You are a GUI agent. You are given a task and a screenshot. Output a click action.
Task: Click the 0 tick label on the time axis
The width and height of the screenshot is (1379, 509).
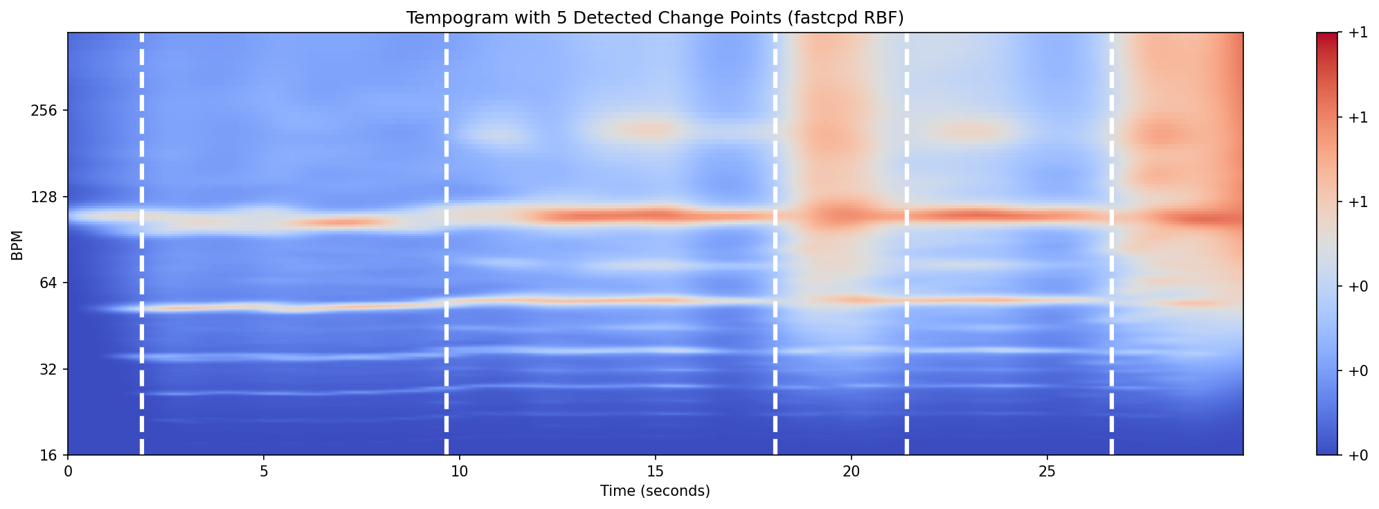click(x=68, y=472)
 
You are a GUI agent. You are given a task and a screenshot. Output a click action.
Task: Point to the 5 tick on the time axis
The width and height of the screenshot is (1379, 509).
click(x=264, y=472)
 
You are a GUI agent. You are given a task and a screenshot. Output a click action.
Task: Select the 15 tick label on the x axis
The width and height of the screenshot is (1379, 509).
click(x=655, y=472)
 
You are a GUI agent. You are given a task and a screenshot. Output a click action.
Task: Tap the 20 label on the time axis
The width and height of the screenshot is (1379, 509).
click(x=851, y=472)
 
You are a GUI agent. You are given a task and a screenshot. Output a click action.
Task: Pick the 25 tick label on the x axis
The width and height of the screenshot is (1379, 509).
click(x=1047, y=472)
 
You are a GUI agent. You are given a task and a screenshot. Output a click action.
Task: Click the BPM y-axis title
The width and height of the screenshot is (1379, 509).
click(x=17, y=244)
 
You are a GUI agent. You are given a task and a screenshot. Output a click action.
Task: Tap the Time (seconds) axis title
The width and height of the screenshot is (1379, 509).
click(x=655, y=491)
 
